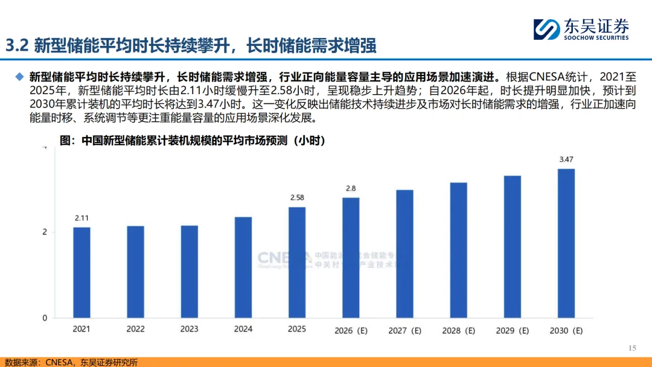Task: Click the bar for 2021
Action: pyautogui.click(x=81, y=273)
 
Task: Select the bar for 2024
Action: pyautogui.click(x=243, y=267)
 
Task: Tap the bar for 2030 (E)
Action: pyautogui.click(x=566, y=243)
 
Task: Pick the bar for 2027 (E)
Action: pyautogui.click(x=404, y=254)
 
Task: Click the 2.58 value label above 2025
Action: pyautogui.click(x=297, y=197)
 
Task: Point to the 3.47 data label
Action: pyautogui.click(x=566, y=159)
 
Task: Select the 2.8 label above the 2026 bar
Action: pyautogui.click(x=351, y=188)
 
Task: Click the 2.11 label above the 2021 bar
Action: pyautogui.click(x=81, y=218)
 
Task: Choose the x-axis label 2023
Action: pyautogui.click(x=189, y=330)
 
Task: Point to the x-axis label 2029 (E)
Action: pyautogui.click(x=513, y=331)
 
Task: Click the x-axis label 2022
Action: pyautogui.click(x=135, y=330)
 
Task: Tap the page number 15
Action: pyautogui.click(x=633, y=348)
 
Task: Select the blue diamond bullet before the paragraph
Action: pyautogui.click(x=20, y=77)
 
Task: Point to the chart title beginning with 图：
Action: pyautogui.click(x=193, y=141)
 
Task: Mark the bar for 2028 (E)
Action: pyautogui.click(x=458, y=251)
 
